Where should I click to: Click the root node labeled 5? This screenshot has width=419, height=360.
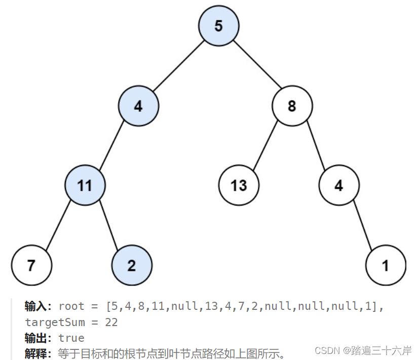[218, 26]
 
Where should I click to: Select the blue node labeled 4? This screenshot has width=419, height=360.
[138, 106]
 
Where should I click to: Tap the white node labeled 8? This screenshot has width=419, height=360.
[292, 106]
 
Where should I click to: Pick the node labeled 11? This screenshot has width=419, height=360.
[85, 185]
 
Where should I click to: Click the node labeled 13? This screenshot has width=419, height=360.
[239, 185]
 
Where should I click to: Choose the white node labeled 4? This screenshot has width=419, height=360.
[339, 185]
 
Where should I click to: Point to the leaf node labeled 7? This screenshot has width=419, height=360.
[31, 265]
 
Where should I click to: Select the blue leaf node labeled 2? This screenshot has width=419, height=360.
[131, 265]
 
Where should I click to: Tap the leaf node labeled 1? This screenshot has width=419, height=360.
[386, 265]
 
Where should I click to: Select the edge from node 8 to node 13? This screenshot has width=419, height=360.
[265, 146]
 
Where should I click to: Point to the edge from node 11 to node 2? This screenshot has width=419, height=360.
[108, 225]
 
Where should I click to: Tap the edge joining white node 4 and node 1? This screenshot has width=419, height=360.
[362, 225]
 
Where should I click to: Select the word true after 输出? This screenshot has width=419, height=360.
[71, 338]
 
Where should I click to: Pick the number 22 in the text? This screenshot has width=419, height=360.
[111, 322]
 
